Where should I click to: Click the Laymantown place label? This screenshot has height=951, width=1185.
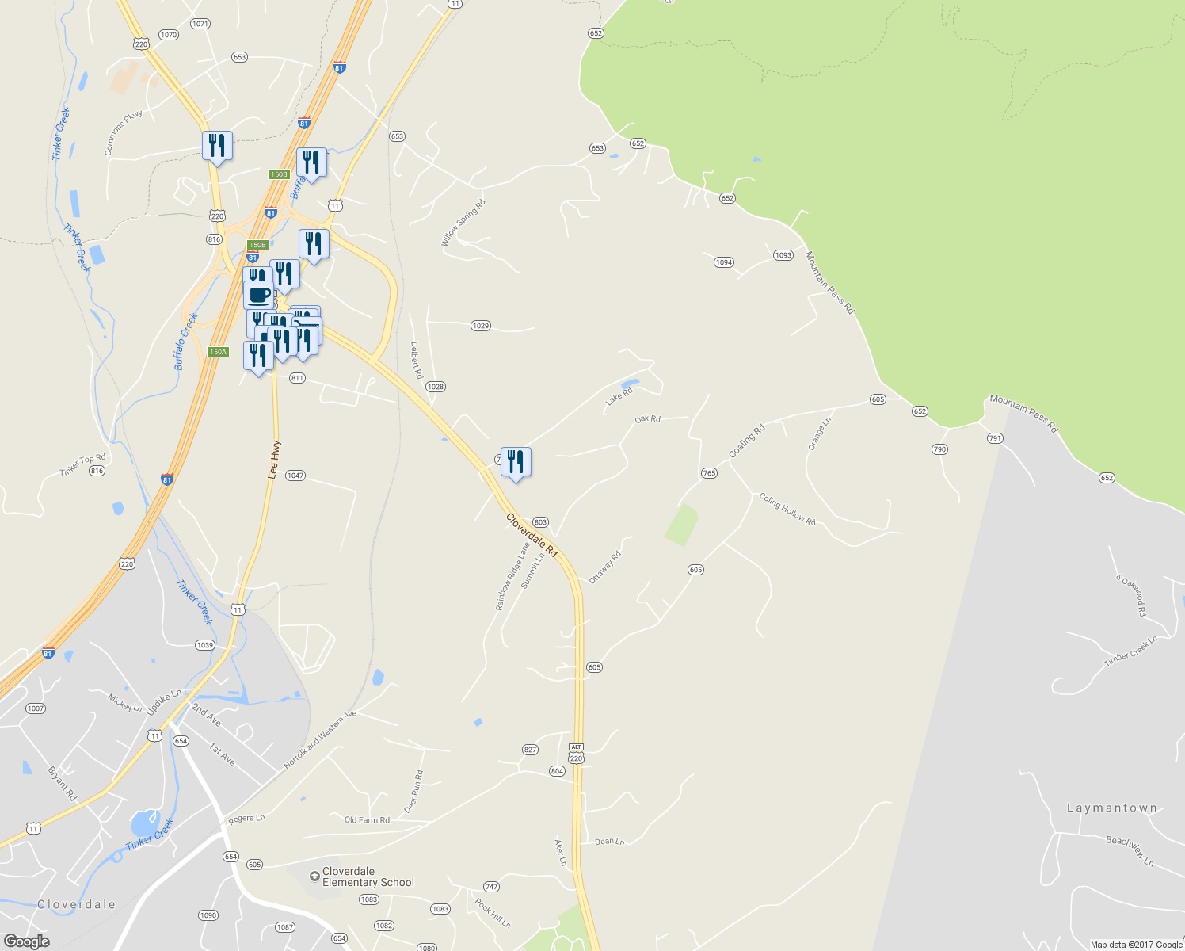click(1111, 808)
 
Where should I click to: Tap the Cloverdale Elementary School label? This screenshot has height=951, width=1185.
click(368, 877)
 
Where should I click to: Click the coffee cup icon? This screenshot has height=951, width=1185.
click(258, 295)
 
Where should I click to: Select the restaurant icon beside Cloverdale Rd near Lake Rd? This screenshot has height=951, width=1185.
click(516, 461)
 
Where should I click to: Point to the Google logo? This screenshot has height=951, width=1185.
click(26, 941)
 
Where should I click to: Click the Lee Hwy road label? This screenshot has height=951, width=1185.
click(274, 460)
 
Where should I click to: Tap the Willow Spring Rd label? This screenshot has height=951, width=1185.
click(463, 223)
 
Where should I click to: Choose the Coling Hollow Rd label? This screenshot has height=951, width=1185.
click(787, 510)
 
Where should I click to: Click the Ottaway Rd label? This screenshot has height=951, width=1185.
click(604, 567)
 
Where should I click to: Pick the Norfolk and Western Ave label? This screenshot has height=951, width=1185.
click(321, 740)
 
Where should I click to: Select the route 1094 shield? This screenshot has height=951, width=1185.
click(723, 262)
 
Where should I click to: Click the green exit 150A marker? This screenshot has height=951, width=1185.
click(218, 352)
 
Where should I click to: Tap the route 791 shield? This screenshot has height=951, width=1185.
click(995, 438)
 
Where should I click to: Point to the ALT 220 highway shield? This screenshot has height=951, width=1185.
click(576, 754)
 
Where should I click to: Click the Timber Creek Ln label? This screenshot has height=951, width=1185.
click(1131, 652)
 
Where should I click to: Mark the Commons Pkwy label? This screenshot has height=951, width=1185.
click(124, 132)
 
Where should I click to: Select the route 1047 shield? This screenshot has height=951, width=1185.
click(295, 475)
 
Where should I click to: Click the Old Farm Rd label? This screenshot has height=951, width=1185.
click(367, 820)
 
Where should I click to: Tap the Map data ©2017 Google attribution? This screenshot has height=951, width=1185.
click(1136, 945)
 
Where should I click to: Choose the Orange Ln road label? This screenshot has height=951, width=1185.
click(819, 434)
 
